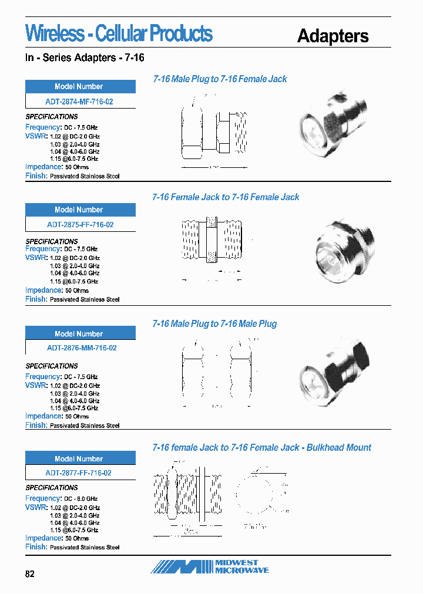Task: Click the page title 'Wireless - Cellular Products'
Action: pos(119,34)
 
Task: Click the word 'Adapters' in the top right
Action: pos(333,36)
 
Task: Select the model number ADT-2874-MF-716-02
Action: pos(80,101)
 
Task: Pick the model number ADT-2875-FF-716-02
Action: pos(80,225)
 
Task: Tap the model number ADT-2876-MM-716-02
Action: pos(81,348)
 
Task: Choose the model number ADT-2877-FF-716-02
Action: pos(79,473)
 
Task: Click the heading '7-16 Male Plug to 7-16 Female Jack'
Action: pos(220,79)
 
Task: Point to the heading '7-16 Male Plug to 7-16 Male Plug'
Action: pos(214,324)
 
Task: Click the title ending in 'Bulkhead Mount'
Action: pos(261,448)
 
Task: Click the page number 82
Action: pos(30,574)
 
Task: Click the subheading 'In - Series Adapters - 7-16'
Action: pos(85,58)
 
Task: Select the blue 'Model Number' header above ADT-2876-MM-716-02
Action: pos(80,333)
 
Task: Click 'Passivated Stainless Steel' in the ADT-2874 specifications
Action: pos(85,176)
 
